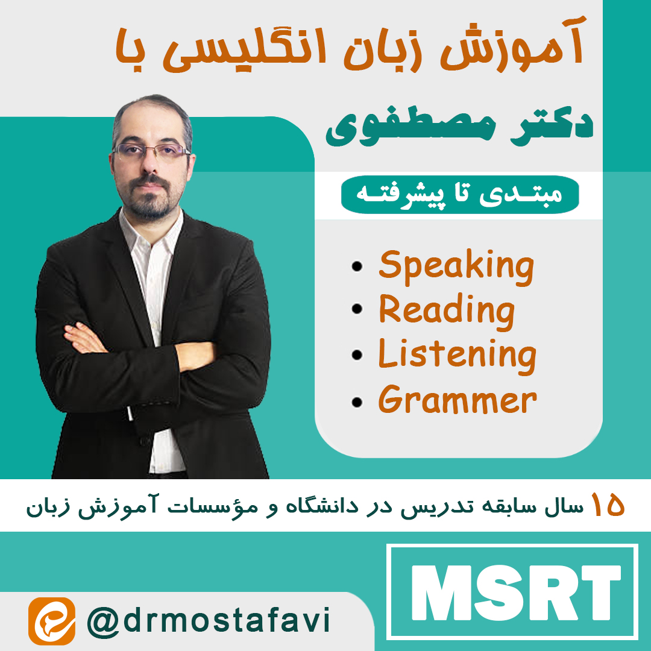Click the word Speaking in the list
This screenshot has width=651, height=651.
click(456, 266)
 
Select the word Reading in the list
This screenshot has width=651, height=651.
click(447, 310)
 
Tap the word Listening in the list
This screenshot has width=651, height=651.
click(457, 354)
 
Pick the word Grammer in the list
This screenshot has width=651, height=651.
click(457, 400)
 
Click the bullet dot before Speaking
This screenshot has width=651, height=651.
click(358, 266)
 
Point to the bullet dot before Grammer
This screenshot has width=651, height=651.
click(358, 401)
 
